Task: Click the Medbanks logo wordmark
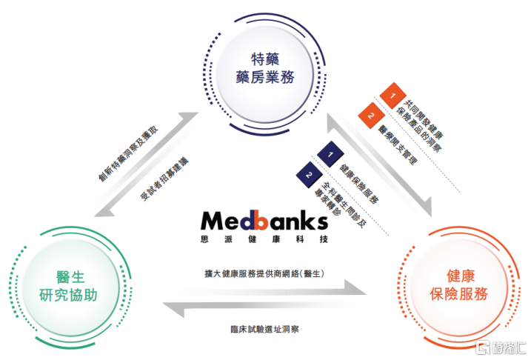click(x=264, y=221)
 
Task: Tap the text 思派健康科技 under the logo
click(x=264, y=239)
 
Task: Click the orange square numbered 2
click(x=367, y=115)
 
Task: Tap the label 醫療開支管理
click(x=400, y=141)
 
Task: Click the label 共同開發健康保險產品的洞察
click(x=424, y=122)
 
